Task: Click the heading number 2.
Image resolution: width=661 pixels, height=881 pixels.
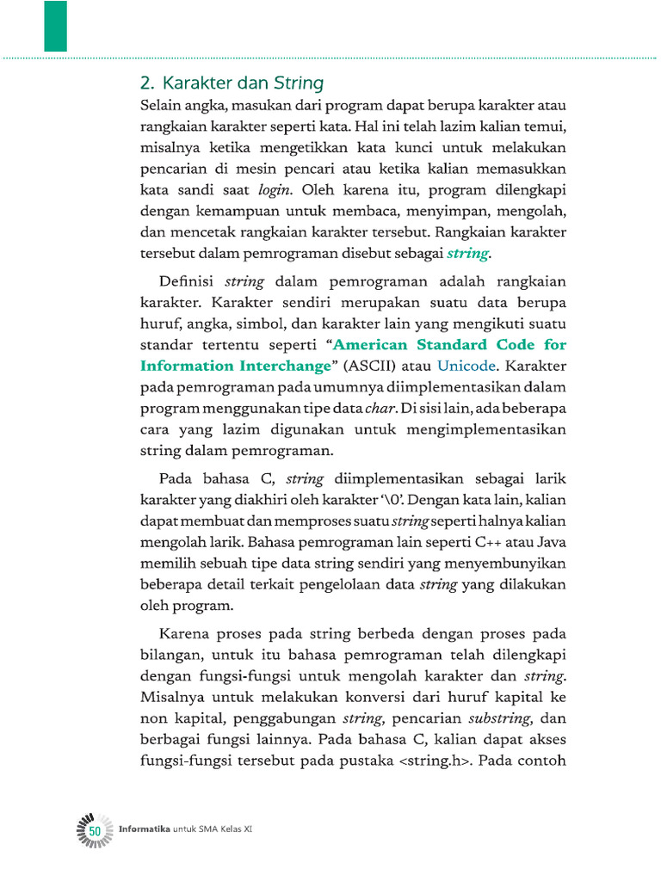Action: (x=145, y=83)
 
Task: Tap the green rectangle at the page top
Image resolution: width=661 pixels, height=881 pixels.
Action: (x=56, y=26)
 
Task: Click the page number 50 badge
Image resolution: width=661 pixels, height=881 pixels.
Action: (x=95, y=829)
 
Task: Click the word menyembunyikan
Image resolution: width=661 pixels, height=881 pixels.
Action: (x=512, y=563)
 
